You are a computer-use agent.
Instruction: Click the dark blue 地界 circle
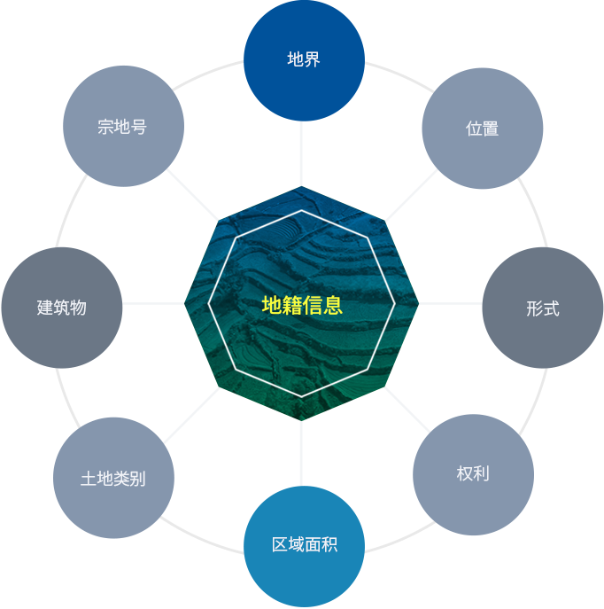[304, 60]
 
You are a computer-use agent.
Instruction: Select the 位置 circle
[483, 129]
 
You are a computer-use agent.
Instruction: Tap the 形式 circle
[543, 308]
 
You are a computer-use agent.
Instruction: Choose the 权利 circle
[473, 474]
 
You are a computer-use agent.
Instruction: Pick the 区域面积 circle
[304, 546]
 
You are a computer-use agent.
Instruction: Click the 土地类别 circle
[113, 478]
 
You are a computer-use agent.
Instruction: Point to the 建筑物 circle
[62, 308]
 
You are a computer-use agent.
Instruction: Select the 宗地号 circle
[123, 126]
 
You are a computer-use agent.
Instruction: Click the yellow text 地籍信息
[302, 305]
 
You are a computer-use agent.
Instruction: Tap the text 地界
[304, 59]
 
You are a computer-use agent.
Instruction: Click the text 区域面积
[305, 544]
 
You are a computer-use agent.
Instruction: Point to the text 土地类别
[113, 478]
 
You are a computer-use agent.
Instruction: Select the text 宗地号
[122, 127]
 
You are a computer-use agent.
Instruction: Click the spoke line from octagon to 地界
[301, 153]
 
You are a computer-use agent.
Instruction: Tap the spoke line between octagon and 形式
[451, 303]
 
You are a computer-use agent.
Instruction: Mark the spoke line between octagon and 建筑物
[153, 303]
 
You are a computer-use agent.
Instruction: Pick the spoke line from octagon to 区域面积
[301, 453]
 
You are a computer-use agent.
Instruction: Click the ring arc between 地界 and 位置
[400, 74]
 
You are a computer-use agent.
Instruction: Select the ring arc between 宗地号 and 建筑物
[69, 209]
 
